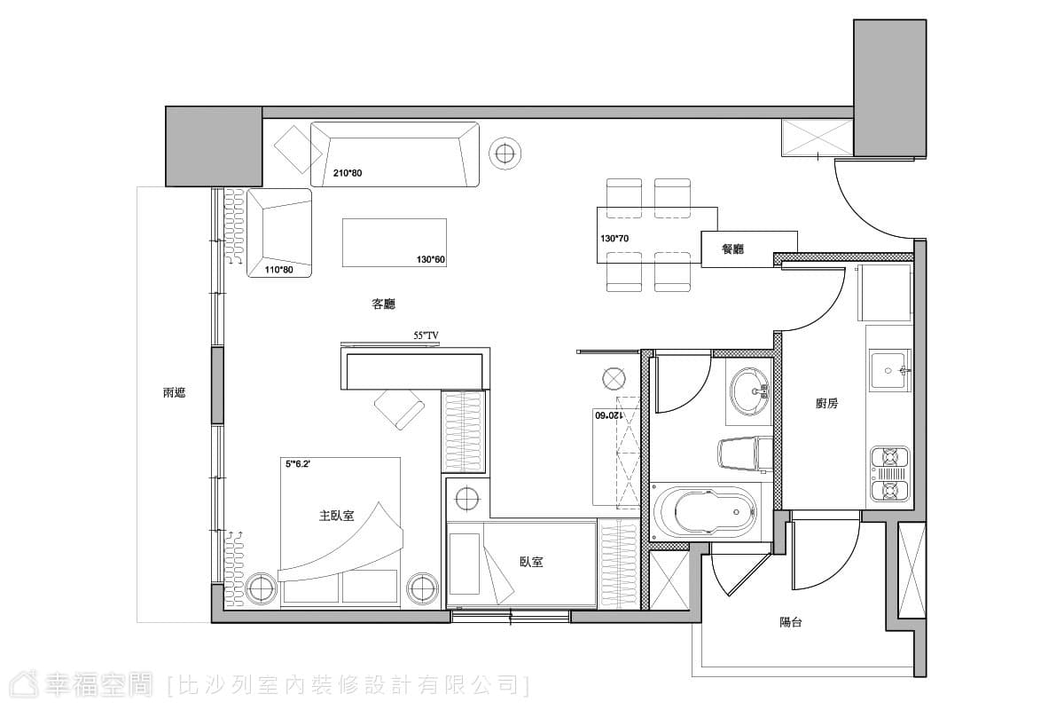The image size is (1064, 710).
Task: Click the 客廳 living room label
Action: tap(383, 304)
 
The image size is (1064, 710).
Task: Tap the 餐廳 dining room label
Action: tap(732, 248)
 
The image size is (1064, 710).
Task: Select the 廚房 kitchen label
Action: tap(826, 403)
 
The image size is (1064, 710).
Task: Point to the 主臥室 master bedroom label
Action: tap(336, 516)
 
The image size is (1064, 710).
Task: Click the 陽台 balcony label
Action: tap(790, 622)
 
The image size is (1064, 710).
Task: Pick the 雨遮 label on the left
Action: tap(174, 393)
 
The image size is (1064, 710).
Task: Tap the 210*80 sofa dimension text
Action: tap(348, 173)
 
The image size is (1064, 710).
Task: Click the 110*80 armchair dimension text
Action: tap(278, 270)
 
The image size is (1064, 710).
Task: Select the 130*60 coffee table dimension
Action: tap(430, 260)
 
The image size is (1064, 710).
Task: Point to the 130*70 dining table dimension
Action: tap(614, 238)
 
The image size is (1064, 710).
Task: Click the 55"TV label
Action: tap(426, 335)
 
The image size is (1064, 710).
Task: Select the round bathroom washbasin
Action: tap(749, 391)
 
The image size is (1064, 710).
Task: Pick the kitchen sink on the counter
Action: tap(889, 370)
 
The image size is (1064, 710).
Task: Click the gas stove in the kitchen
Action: tap(889, 474)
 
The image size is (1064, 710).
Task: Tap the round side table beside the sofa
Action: tap(505, 154)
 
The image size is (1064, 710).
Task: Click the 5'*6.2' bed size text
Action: tap(298, 463)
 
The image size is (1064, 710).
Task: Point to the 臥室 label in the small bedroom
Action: tap(531, 562)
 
